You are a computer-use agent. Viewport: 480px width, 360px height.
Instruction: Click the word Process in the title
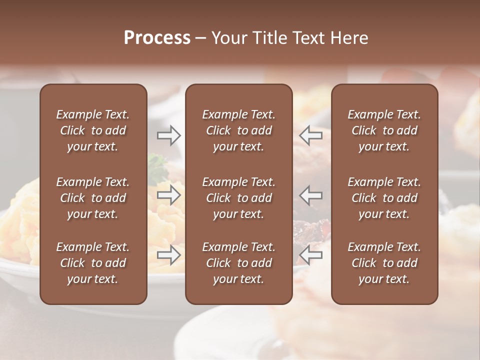click(157, 38)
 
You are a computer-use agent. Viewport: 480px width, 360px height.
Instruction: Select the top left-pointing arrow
click(310, 134)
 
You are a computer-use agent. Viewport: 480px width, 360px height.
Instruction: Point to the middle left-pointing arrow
click(310, 195)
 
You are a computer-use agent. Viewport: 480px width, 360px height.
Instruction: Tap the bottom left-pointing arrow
click(310, 255)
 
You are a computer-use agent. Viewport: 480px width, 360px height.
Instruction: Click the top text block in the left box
click(93, 130)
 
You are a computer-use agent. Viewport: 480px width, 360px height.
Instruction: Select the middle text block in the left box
click(93, 198)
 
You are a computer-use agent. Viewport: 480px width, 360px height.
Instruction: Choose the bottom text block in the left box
click(93, 263)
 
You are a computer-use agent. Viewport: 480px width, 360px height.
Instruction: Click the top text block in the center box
click(238, 130)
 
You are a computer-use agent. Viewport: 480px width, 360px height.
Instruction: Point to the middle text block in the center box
click(238, 198)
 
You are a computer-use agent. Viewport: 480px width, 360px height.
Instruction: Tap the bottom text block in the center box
click(238, 263)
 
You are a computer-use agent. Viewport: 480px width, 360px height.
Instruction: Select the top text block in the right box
click(384, 130)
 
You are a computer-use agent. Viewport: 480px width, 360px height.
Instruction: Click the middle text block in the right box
click(384, 198)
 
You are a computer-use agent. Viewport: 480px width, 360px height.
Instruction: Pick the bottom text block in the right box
click(384, 263)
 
